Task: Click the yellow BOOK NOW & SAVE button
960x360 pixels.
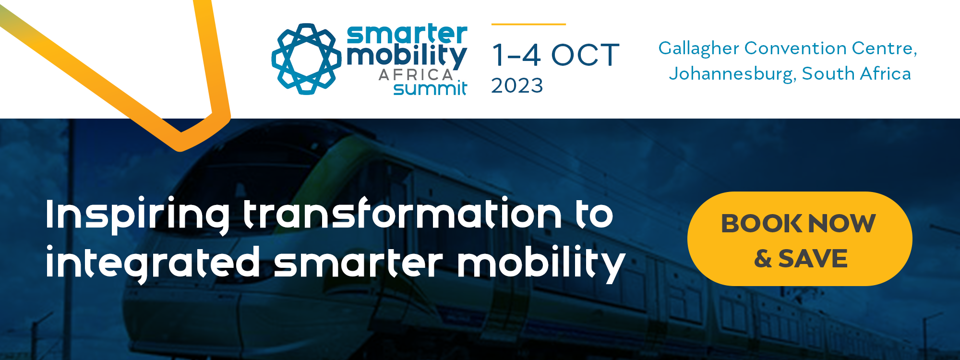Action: [800, 239]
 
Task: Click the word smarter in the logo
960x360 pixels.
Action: [407, 34]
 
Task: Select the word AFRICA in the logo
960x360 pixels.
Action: [416, 75]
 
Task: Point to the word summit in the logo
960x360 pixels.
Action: [430, 88]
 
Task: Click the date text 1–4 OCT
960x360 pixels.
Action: [555, 55]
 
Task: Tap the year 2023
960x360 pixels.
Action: [517, 86]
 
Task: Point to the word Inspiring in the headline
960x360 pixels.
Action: [137, 215]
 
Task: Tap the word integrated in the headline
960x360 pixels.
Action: [153, 263]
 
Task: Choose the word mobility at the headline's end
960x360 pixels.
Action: [541, 263]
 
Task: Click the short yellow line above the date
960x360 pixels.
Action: [528, 24]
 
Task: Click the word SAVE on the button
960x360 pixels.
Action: [813, 259]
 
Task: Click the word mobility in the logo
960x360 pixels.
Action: [407, 57]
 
